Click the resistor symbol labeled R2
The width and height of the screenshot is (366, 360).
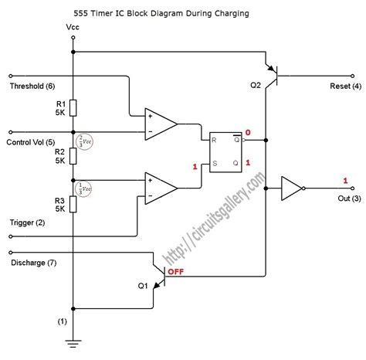click(73, 155)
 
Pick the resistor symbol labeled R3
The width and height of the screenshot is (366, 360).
click(73, 203)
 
